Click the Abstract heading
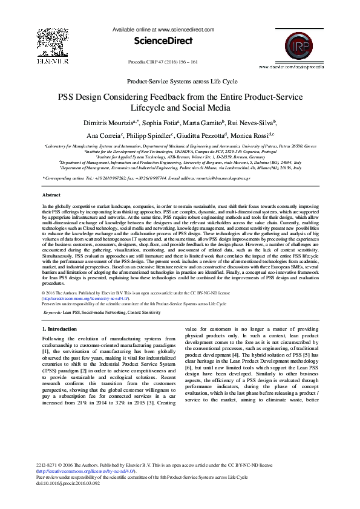[x=51, y=195]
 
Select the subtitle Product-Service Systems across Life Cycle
[x=180, y=80]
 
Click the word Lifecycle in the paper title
[x=152, y=108]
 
